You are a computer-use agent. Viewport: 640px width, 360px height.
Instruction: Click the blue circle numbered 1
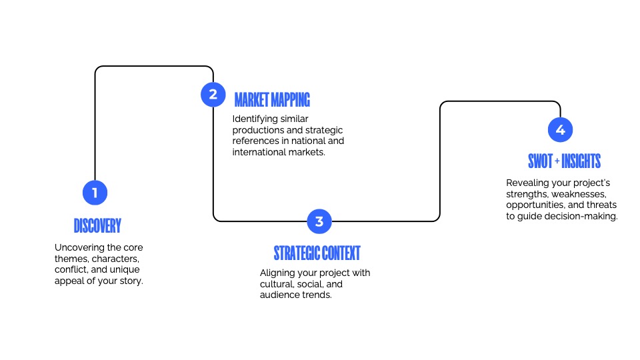click(x=95, y=193)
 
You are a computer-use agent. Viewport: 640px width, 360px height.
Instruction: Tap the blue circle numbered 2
click(x=213, y=94)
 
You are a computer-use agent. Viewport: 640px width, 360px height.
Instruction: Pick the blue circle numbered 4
click(x=560, y=129)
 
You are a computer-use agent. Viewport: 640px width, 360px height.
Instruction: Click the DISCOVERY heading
click(x=97, y=225)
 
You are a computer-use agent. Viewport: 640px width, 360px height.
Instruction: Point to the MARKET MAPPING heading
click(x=272, y=100)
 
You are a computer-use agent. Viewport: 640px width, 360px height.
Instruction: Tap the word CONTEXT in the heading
click(x=341, y=253)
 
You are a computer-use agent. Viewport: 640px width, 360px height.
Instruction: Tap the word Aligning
click(x=279, y=273)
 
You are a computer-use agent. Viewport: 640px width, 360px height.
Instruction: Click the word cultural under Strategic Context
click(x=277, y=283)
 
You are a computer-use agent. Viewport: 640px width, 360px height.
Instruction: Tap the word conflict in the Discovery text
click(x=71, y=269)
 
